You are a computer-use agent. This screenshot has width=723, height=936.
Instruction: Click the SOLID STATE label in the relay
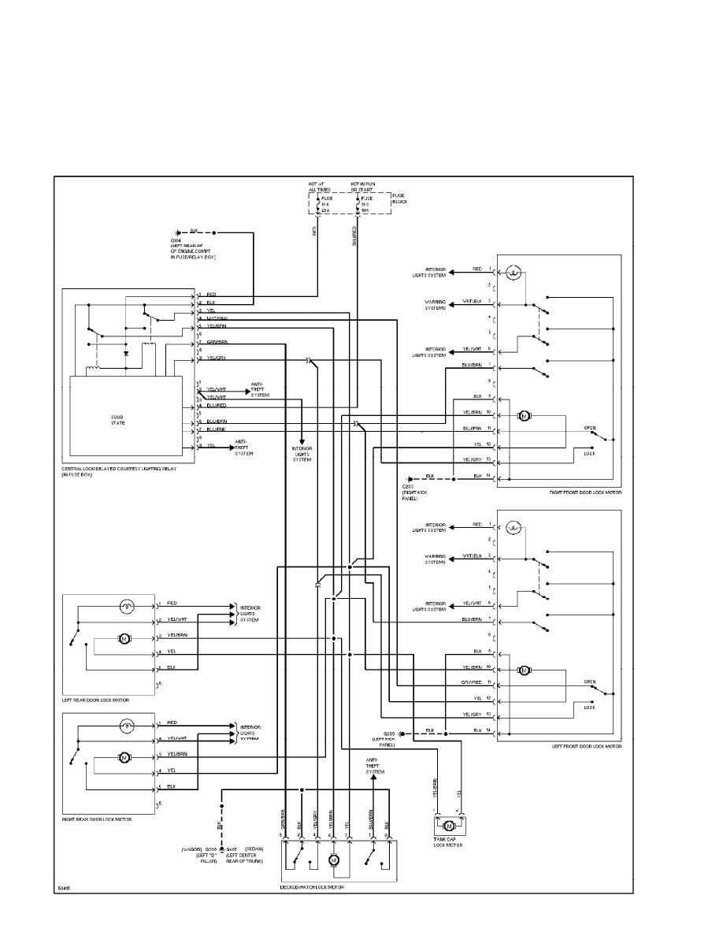pos(117,420)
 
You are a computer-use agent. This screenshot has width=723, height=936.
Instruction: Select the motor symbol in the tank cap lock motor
pos(449,826)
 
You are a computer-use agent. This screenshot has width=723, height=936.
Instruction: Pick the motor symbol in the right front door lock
pos(523,415)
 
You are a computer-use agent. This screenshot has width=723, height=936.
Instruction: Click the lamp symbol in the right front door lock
pos(514,273)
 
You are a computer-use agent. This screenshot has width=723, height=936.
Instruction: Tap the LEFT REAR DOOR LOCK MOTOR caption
pos(95,700)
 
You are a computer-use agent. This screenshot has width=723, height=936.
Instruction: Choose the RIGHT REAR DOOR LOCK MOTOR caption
pos(97,819)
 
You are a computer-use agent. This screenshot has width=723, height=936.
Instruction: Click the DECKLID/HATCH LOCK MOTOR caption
pos(312,887)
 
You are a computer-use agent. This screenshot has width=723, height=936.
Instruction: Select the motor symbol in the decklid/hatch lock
pos(333,861)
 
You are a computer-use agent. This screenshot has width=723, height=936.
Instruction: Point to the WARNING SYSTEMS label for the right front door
pos(436,304)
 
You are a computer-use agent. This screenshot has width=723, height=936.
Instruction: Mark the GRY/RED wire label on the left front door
pos(473,682)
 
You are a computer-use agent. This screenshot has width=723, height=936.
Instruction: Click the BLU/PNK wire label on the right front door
pos(473,428)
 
